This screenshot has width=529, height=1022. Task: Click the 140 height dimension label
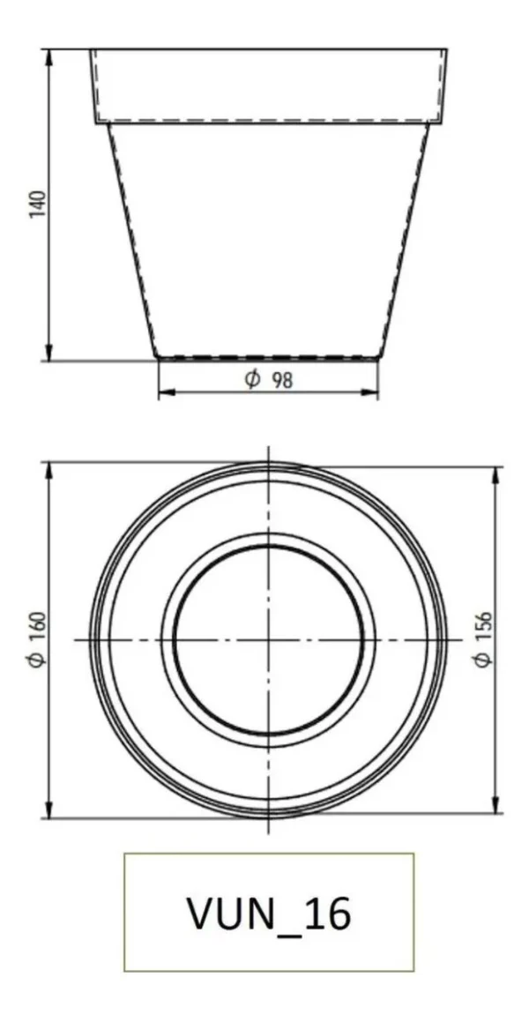39,204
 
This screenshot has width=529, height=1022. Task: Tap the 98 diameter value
282,380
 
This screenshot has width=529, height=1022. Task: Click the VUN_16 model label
269,914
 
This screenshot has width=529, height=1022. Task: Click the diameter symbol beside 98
253,379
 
